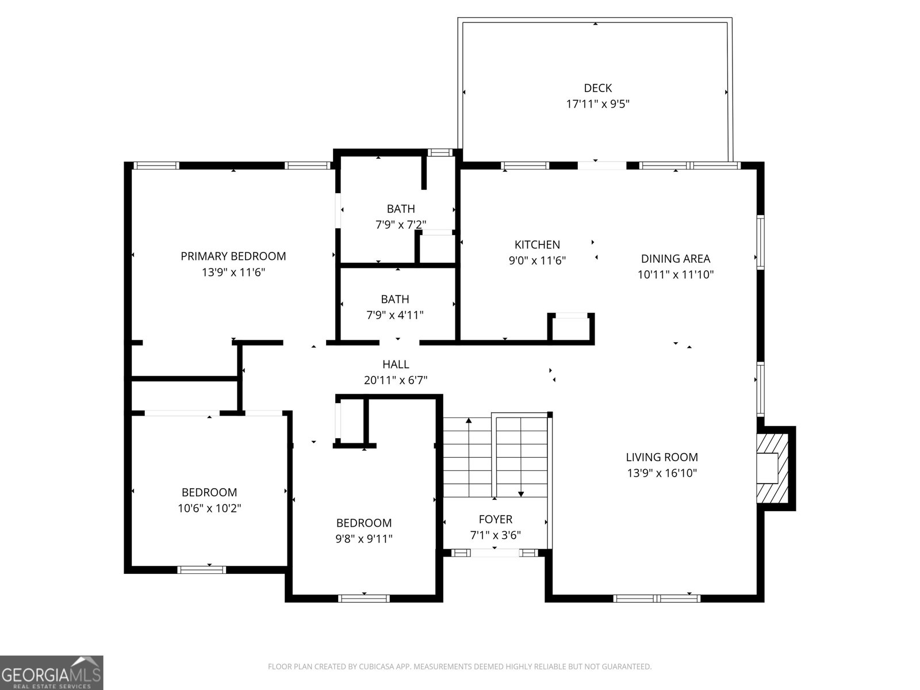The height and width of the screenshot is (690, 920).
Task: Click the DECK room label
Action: coord(597,88)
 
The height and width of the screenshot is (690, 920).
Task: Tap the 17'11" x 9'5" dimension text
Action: coord(597,104)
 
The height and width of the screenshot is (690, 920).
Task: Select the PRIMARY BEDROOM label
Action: coord(233,256)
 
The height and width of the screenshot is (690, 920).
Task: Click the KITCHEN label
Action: coord(537,244)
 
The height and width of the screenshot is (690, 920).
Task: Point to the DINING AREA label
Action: coord(675,259)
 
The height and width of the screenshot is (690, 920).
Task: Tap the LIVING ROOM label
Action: coord(662,457)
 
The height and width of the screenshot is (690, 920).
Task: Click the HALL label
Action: coord(396,364)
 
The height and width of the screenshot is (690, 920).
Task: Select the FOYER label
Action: coord(495,519)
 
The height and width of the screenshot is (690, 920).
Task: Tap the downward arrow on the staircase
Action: coord(521,493)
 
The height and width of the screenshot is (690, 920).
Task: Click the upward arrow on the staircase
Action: coord(469,421)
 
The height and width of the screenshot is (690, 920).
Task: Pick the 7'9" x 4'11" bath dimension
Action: coord(395,315)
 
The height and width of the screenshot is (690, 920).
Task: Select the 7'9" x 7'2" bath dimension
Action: coord(401,224)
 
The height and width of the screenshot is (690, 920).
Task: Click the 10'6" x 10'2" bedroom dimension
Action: coord(209,508)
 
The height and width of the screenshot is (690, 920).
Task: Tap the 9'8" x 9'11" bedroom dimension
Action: coord(364,539)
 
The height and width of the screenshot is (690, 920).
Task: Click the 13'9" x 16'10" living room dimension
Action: coord(662,473)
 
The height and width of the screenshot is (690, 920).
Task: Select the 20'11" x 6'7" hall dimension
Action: coord(396,380)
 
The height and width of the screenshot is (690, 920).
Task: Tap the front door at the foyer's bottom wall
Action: coord(495,553)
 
